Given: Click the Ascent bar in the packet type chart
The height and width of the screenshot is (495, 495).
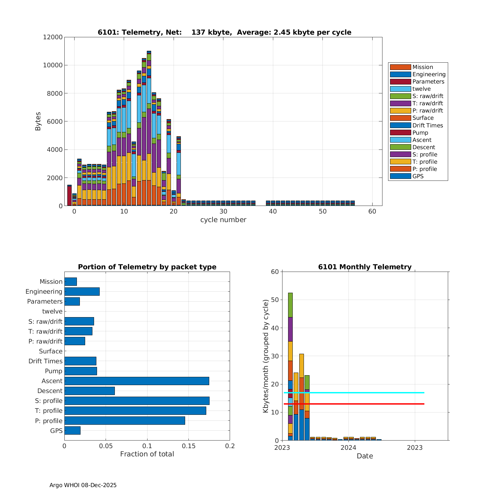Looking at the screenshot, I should [x=137, y=381].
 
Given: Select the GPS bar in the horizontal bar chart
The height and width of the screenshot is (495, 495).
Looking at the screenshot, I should [x=72, y=430].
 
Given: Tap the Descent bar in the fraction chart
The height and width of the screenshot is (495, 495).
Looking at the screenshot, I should [x=89, y=391].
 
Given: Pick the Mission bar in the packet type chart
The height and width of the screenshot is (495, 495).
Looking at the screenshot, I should [x=71, y=281].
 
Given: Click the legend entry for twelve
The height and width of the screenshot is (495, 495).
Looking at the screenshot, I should [x=421, y=89].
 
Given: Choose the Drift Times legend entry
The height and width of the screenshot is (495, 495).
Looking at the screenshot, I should [x=427, y=125].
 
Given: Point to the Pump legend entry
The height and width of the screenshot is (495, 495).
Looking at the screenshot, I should [x=420, y=133].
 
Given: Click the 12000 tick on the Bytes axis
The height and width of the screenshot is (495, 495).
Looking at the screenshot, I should [x=53, y=37].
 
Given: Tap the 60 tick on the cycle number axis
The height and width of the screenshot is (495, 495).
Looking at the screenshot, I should [x=372, y=212].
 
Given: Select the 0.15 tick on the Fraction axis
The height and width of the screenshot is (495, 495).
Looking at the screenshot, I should [x=188, y=446].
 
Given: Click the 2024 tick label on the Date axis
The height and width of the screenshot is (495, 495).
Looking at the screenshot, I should [x=348, y=447].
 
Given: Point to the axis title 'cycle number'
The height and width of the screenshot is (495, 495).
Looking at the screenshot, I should [x=223, y=220].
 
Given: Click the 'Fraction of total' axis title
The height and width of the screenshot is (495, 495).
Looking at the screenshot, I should [x=147, y=454].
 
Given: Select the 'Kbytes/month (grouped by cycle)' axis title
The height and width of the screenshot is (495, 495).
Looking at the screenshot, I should [x=266, y=356].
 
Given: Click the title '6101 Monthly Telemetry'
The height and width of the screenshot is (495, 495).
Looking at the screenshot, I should [x=365, y=267].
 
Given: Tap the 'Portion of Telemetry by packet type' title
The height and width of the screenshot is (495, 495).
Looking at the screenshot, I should [x=147, y=267].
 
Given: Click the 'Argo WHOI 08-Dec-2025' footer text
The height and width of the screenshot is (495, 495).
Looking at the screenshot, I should [x=83, y=485].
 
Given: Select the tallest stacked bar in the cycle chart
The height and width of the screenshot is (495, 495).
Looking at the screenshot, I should [x=149, y=132].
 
